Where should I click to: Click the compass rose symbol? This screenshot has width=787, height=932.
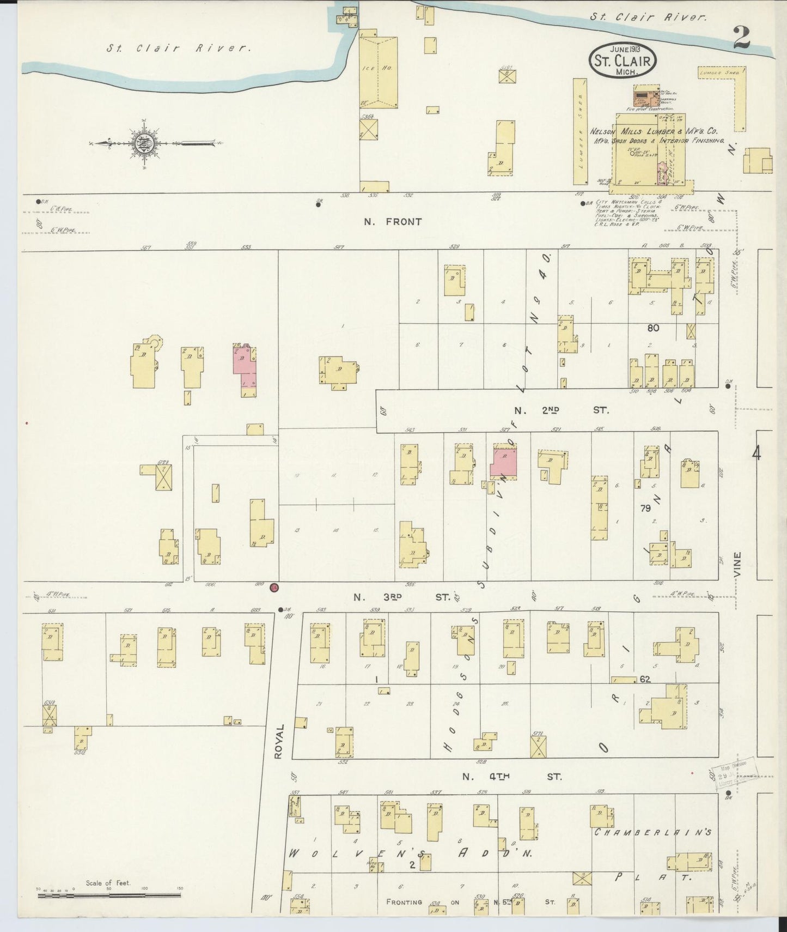point(145,143)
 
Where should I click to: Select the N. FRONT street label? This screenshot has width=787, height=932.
point(393,222)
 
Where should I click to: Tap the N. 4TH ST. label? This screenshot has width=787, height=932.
point(511,776)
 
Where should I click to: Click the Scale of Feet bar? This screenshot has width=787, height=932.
point(109,894)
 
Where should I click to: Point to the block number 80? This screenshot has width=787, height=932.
point(653,328)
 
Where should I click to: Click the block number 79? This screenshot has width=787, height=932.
point(645,509)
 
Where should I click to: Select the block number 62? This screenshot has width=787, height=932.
point(645,680)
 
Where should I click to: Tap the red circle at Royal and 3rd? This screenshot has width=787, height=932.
point(274,587)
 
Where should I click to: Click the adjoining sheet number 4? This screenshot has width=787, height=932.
point(756,453)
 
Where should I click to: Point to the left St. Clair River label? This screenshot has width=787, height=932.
point(179,49)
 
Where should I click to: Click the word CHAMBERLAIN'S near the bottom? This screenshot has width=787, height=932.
point(653,833)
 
